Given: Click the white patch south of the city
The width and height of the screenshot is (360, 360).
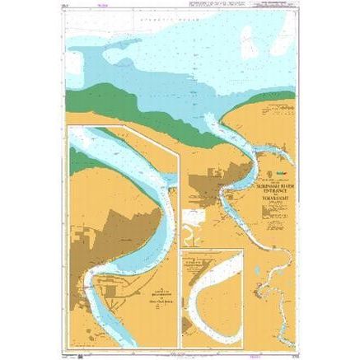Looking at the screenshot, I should [195, 218].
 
